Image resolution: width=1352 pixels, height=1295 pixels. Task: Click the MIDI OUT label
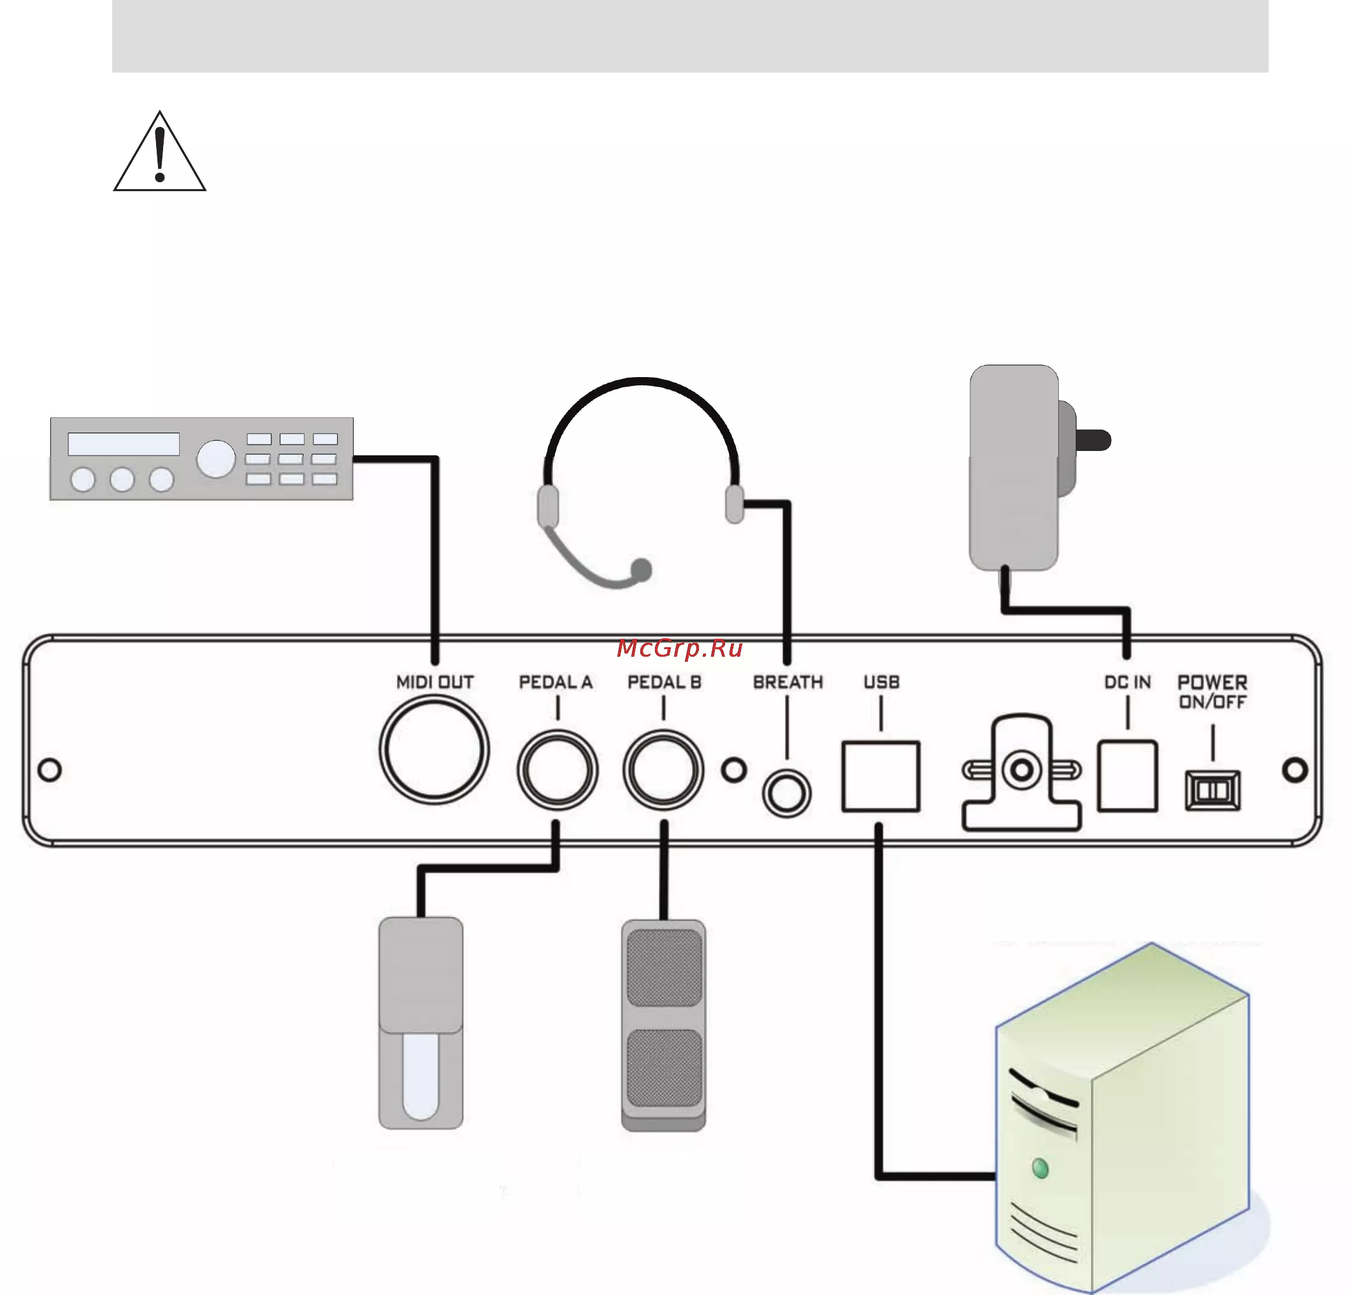coord(435,682)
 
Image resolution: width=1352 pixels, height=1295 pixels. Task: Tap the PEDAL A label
coord(556,682)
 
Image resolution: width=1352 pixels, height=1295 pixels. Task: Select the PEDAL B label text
coord(665,682)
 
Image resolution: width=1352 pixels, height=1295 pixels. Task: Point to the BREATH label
coord(787,682)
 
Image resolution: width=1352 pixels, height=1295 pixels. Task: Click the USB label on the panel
coord(882,682)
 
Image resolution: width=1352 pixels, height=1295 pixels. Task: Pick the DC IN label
coord(1127,682)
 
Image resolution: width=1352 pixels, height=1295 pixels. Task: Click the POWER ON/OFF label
coord(1212,692)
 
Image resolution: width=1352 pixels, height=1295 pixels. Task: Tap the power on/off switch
coord(1212,791)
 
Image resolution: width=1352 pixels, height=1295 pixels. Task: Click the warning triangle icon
coord(159,151)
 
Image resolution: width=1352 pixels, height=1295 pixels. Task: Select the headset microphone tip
coord(641,569)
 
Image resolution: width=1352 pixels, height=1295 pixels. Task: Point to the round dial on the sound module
coord(216,459)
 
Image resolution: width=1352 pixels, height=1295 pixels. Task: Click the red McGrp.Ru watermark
coord(679,648)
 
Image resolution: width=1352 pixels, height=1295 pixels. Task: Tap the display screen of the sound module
coord(124,444)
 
